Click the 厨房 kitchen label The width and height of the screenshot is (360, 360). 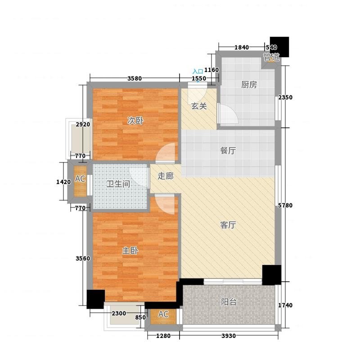248,85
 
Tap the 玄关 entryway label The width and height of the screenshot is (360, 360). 199,107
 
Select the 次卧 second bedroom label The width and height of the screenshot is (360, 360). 134,121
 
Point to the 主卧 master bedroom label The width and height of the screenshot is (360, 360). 130,251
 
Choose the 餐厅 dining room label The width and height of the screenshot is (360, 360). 228,151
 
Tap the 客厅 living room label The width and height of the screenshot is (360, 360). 228,225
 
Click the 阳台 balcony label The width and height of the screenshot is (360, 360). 229,302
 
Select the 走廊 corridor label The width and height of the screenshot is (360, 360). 166,176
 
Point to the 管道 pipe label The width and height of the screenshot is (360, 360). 271,57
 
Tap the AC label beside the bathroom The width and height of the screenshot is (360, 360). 80,179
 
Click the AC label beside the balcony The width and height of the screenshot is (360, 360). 163,314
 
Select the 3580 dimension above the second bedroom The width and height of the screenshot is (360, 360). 134,79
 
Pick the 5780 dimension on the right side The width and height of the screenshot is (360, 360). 285,206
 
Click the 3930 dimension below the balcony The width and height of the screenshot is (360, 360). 228,336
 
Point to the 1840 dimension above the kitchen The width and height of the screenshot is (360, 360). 241,48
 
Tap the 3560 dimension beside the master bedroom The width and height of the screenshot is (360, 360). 83,258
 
